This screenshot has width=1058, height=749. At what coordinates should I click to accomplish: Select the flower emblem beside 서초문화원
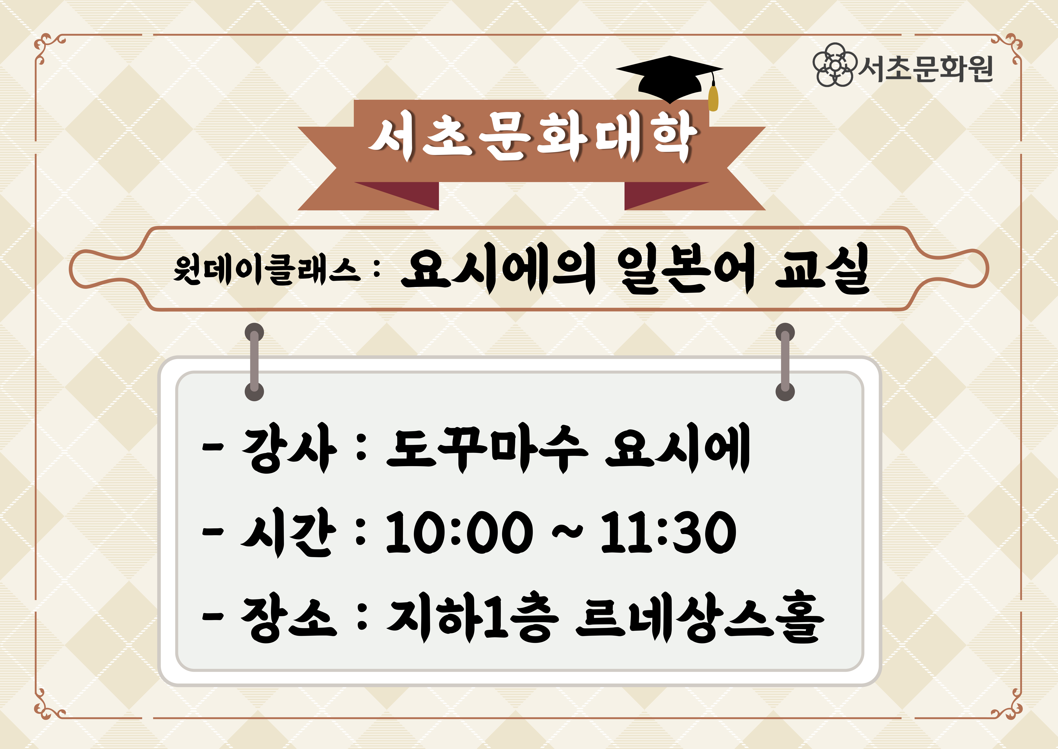click(x=835, y=65)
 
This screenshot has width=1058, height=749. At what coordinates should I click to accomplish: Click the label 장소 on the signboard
click(x=289, y=618)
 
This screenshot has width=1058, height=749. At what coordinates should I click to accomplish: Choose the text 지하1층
click(x=472, y=618)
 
